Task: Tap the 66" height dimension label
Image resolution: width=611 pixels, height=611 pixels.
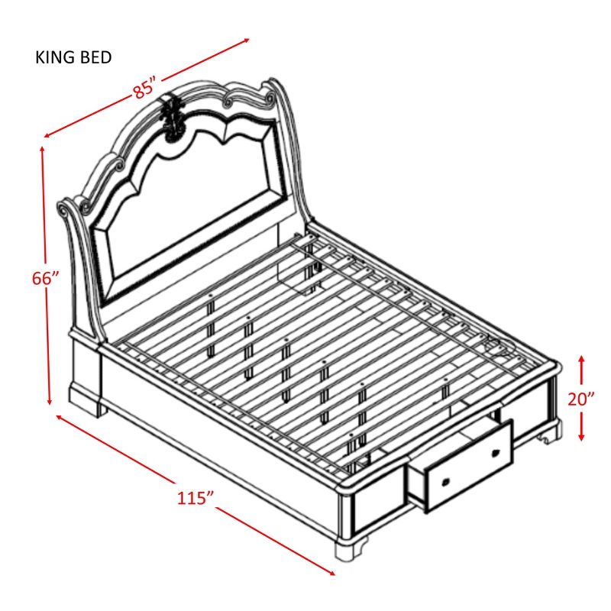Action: coord(46,279)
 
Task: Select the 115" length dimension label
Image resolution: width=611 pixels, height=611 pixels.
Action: coord(195,498)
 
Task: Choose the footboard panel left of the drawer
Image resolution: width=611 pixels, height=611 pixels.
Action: coord(378,509)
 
